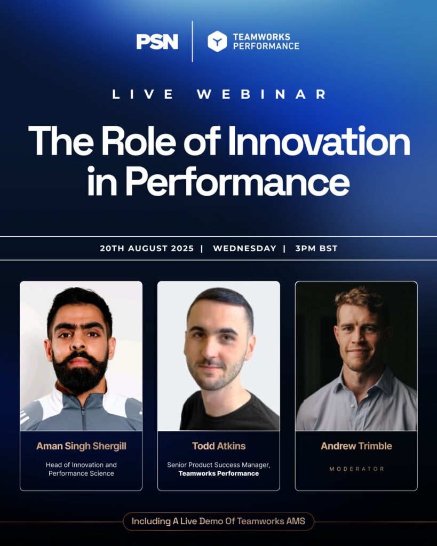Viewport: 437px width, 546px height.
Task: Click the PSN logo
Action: coord(157,42)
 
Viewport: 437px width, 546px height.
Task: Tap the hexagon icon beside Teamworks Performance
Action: coord(217,41)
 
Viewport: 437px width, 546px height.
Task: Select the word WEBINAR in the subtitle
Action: coord(261,94)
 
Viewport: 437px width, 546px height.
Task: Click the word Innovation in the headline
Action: coord(319,141)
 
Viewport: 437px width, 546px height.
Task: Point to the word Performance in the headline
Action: coord(237,181)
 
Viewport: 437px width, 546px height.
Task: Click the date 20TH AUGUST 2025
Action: coord(147,248)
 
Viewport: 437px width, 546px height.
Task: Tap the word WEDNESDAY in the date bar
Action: coord(244,248)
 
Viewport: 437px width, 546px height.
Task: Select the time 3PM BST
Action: coord(316,248)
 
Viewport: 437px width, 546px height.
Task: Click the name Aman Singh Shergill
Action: coord(81,446)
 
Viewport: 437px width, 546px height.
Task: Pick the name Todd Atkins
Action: coord(219,446)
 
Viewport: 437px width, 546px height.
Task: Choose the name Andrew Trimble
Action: coord(356,446)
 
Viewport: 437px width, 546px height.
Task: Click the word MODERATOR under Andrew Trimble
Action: coord(356,469)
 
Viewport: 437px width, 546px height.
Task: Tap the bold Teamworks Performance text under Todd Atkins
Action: coord(219,473)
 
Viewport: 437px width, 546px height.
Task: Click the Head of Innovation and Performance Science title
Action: coord(81,469)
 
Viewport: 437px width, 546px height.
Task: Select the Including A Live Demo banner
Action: coord(219,521)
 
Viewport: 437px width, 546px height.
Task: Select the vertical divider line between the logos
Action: coord(193,42)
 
